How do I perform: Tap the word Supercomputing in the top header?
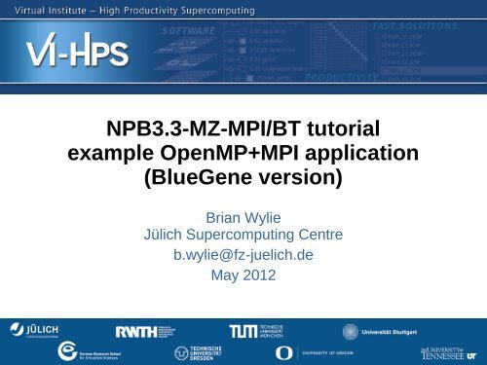click(x=213, y=11)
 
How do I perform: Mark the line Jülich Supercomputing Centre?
click(x=243, y=236)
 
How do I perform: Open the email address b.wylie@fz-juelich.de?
click(x=243, y=256)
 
